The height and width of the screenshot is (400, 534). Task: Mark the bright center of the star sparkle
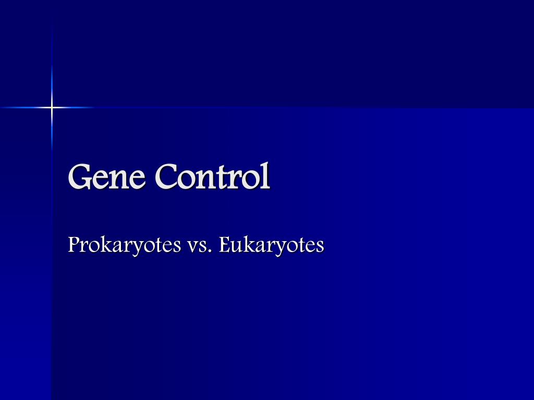tap(52, 108)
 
